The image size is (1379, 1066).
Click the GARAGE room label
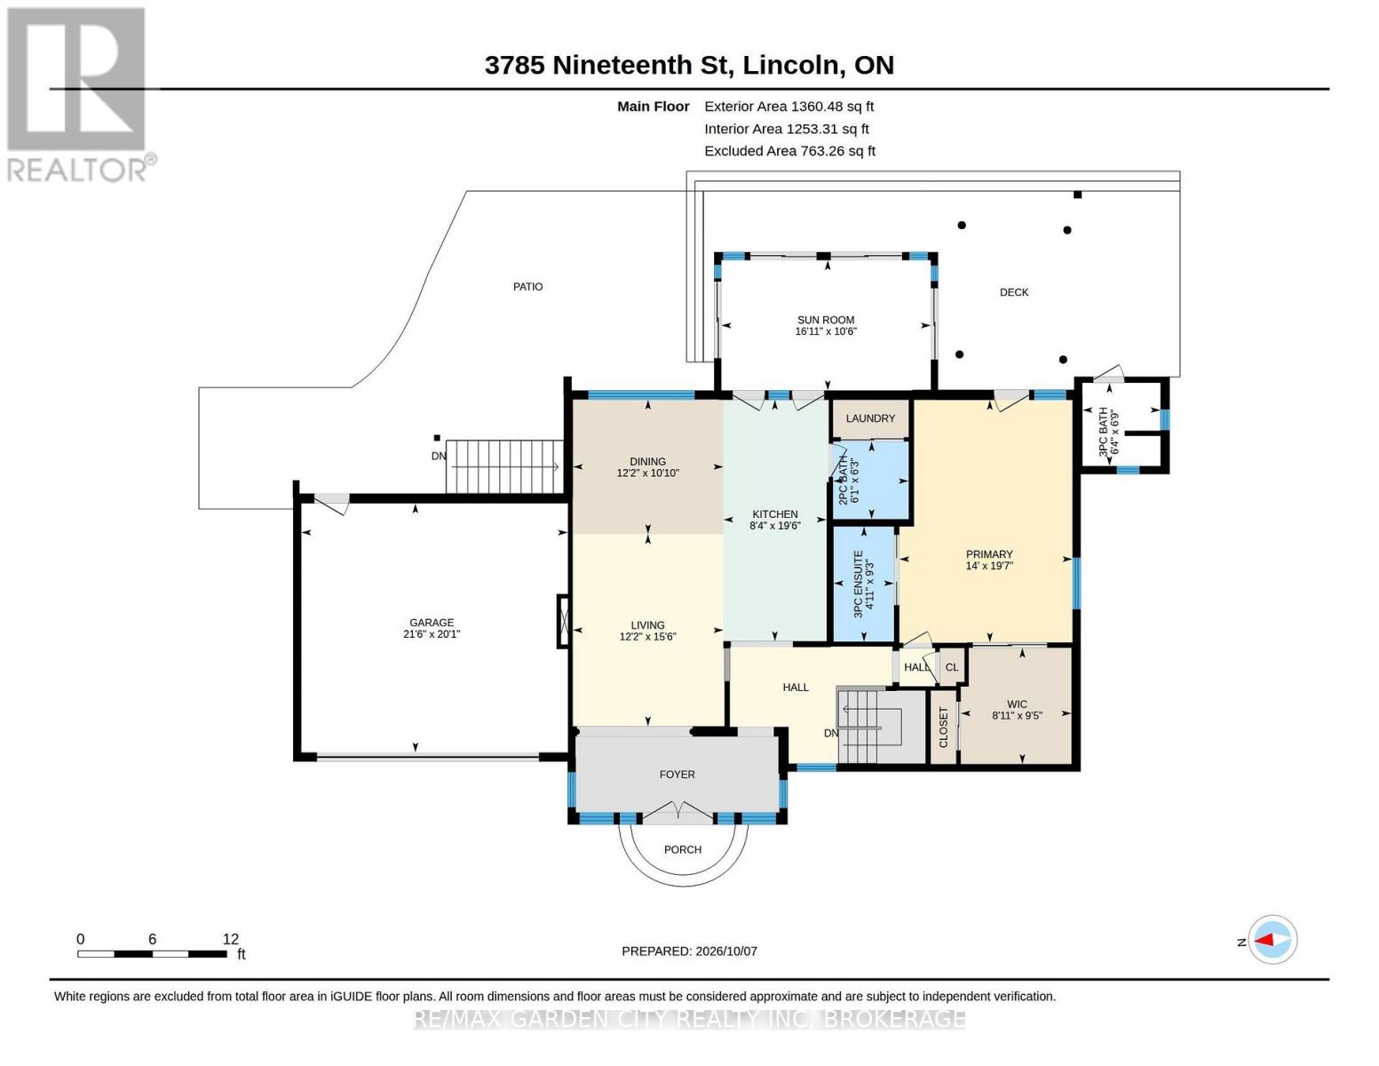(432, 623)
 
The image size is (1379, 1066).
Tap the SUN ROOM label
(826, 320)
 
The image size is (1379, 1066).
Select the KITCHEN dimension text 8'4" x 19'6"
(775, 526)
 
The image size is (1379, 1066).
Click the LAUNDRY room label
(870, 418)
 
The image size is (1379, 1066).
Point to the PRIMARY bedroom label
(988, 554)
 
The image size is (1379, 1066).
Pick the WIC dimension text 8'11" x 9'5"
(1017, 715)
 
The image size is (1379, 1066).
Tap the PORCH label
(683, 849)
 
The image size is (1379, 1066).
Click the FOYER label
(678, 775)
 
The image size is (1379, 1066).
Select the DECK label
(1013, 292)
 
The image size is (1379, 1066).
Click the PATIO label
(528, 287)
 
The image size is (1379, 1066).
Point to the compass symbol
(1272, 940)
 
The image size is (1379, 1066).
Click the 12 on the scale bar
(231, 939)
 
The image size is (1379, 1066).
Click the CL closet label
(952, 667)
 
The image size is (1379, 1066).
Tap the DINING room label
(648, 462)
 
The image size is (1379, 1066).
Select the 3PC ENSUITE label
(858, 585)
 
